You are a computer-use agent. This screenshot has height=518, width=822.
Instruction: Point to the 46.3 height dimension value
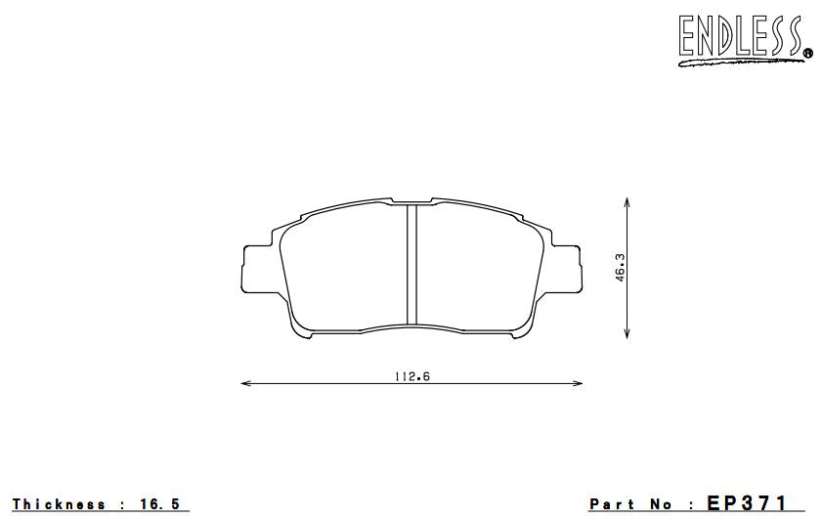coord(620,267)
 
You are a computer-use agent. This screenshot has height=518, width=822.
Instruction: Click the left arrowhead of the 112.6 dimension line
coord(245,383)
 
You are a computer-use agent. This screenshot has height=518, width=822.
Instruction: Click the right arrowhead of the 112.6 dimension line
coord(579,383)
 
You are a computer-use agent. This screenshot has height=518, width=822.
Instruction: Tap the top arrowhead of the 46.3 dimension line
coord(627,201)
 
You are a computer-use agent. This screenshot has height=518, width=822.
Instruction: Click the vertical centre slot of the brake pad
coord(412,263)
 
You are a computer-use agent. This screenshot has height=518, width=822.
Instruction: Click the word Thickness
coord(58,504)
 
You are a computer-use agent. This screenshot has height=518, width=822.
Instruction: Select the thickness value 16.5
coord(160,504)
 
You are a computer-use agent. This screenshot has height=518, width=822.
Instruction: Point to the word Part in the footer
coord(612,504)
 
